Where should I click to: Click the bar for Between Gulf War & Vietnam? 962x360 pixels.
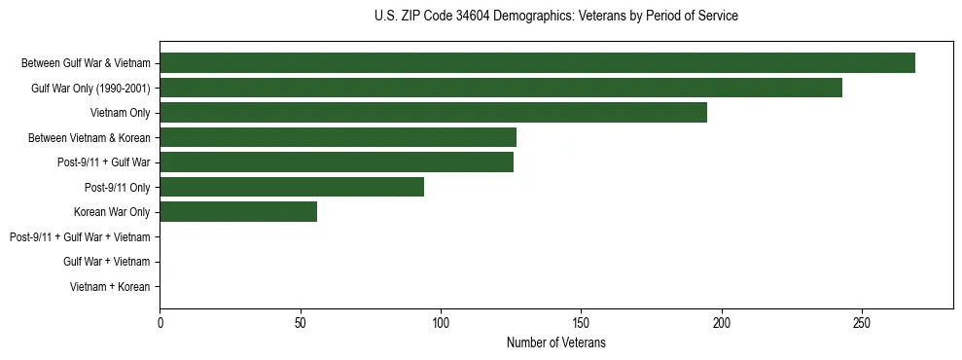point(537,63)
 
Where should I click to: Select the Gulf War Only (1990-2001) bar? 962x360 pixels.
point(501,88)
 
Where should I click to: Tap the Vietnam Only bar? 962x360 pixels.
point(433,113)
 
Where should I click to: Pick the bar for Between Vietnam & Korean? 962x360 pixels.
point(338,137)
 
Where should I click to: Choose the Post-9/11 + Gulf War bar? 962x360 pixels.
point(337,162)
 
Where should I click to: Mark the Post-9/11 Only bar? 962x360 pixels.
point(292,187)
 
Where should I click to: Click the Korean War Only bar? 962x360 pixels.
point(238,212)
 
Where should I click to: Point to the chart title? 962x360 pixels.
point(555,17)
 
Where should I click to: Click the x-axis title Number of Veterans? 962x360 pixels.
point(555,342)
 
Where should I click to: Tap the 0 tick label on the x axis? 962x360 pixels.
point(160,322)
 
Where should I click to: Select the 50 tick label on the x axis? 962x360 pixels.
point(301,322)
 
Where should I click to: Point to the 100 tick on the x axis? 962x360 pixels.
point(441,322)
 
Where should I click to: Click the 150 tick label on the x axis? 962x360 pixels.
point(581,322)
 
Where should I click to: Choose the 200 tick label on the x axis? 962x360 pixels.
point(722,322)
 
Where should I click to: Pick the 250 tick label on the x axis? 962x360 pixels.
point(862,322)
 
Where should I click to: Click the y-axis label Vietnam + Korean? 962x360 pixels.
point(110,287)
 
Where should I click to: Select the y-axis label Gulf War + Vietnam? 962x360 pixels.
point(106,262)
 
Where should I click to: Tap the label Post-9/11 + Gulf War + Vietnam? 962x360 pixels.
point(80,236)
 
